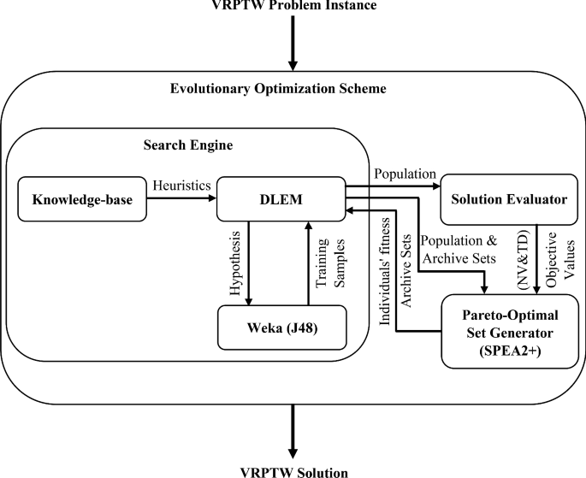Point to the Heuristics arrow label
[182, 185]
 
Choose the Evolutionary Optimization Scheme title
[292, 88]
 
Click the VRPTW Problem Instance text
[293, 7]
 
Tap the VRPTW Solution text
[293, 469]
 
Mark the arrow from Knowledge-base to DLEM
[182, 198]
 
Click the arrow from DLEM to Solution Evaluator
[390, 185]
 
